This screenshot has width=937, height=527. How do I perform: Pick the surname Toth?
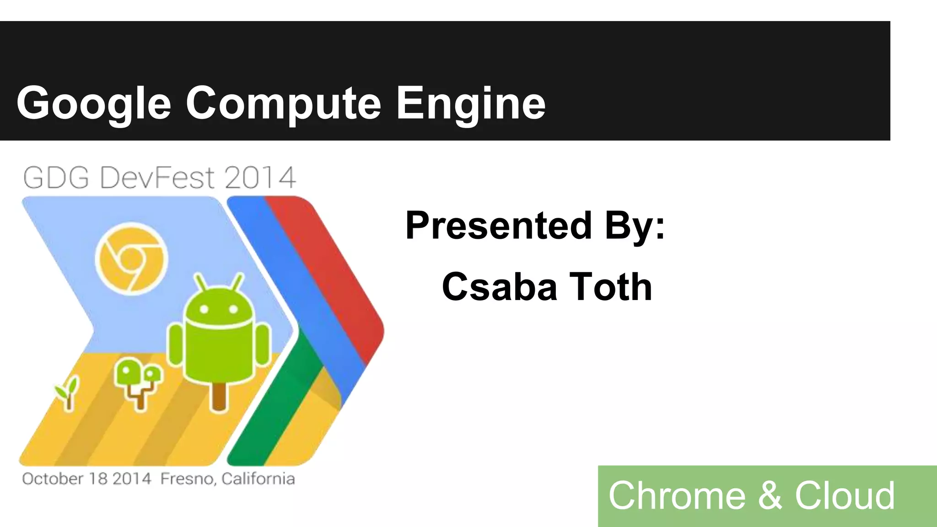[x=611, y=287]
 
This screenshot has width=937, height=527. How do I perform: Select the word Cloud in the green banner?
[x=845, y=495]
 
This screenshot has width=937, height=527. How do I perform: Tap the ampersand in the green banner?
[x=770, y=495]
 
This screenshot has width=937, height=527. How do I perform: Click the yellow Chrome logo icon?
[x=131, y=258]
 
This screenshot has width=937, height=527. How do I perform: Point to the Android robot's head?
[x=218, y=304]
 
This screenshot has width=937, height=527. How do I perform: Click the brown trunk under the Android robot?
[x=219, y=396]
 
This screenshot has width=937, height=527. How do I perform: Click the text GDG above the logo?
[x=56, y=178]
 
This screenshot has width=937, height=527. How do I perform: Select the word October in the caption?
[x=52, y=479]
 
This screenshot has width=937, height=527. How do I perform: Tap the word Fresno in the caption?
[x=188, y=479]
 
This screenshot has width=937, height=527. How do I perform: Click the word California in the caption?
[x=258, y=479]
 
